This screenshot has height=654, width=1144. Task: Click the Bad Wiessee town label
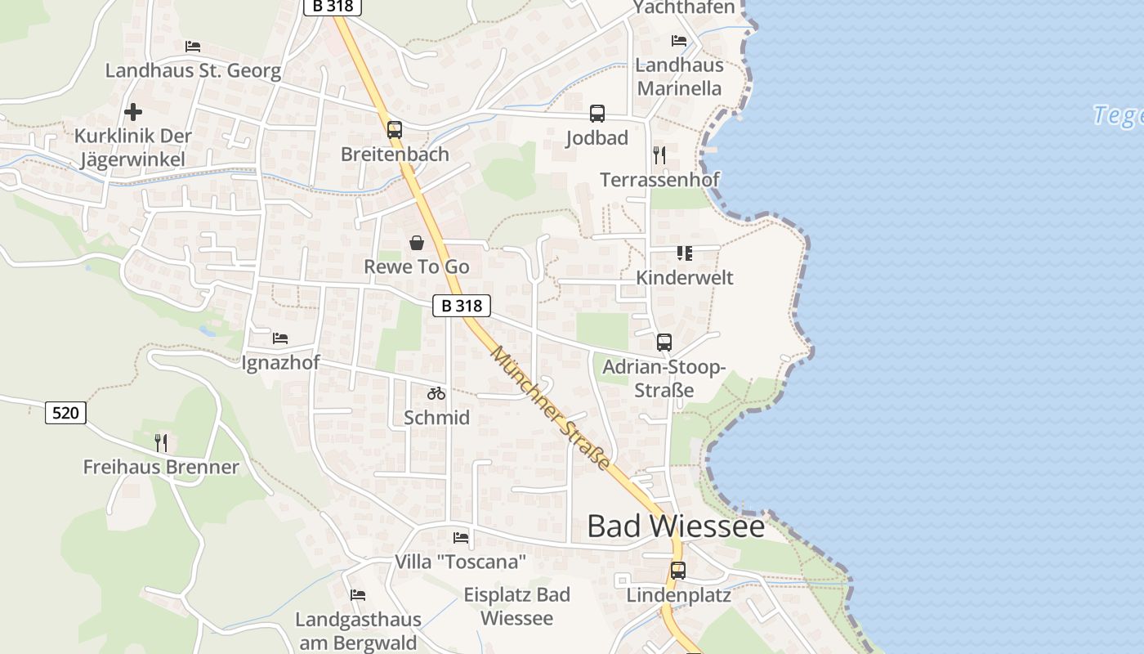pos(676,526)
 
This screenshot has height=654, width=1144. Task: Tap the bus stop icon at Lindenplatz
pos(677,571)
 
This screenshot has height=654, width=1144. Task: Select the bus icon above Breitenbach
pos(395,129)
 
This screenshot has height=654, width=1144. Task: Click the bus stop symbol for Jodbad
pos(597,114)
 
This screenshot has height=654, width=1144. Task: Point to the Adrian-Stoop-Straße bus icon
pos(664,343)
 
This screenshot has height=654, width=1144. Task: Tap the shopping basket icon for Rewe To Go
pos(417,243)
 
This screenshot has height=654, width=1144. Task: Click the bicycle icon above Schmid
pos(436,393)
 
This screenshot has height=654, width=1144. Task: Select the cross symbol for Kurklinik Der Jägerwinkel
pos(133,111)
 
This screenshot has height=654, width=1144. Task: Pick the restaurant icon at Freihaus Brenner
pos(161,443)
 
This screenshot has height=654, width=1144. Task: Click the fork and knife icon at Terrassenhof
pos(659,155)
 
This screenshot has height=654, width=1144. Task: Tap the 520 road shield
pos(65,413)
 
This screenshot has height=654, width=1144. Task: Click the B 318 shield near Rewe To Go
pos(461,306)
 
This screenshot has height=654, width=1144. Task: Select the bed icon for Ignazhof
pos(280,338)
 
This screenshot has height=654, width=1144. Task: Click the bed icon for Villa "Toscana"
pos(461,538)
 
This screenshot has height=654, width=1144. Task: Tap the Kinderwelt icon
pos(684,253)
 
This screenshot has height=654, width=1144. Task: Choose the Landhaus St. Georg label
pos(193,70)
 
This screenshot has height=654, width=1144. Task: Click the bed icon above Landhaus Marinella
pos(679,41)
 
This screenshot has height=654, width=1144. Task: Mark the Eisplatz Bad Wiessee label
pos(516,606)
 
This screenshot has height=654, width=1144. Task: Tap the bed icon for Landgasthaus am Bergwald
pos(358,595)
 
